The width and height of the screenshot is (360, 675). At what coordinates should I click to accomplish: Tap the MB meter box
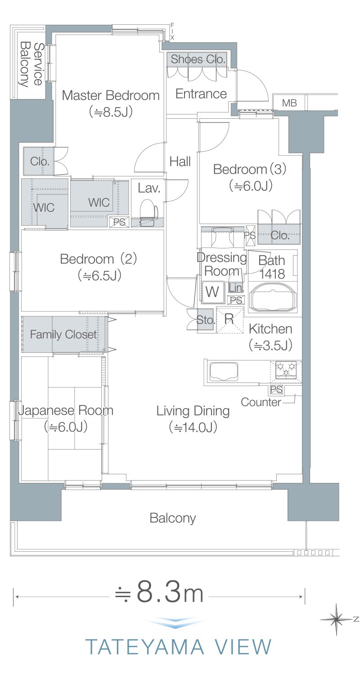pyautogui.click(x=289, y=103)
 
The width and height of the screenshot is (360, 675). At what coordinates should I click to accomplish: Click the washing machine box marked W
pyautogui.click(x=213, y=292)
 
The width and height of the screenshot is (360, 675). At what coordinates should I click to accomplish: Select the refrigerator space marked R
pyautogui.click(x=229, y=320)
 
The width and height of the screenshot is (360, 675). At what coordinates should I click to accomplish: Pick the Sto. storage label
pyautogui.click(x=206, y=319)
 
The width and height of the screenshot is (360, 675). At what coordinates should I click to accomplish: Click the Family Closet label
pyautogui.click(x=63, y=334)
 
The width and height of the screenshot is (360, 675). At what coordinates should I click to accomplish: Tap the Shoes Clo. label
pyautogui.click(x=198, y=59)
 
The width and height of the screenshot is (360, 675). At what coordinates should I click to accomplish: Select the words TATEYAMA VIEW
pyautogui.click(x=178, y=647)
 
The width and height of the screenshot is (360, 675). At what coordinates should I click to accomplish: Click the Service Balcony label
pyautogui.click(x=31, y=64)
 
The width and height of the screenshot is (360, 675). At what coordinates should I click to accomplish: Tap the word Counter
pyautogui.click(x=261, y=402)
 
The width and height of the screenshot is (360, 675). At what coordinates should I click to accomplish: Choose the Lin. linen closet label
pyautogui.click(x=236, y=288)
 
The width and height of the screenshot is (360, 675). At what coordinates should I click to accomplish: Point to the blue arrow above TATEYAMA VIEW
pyautogui.click(x=175, y=622)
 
